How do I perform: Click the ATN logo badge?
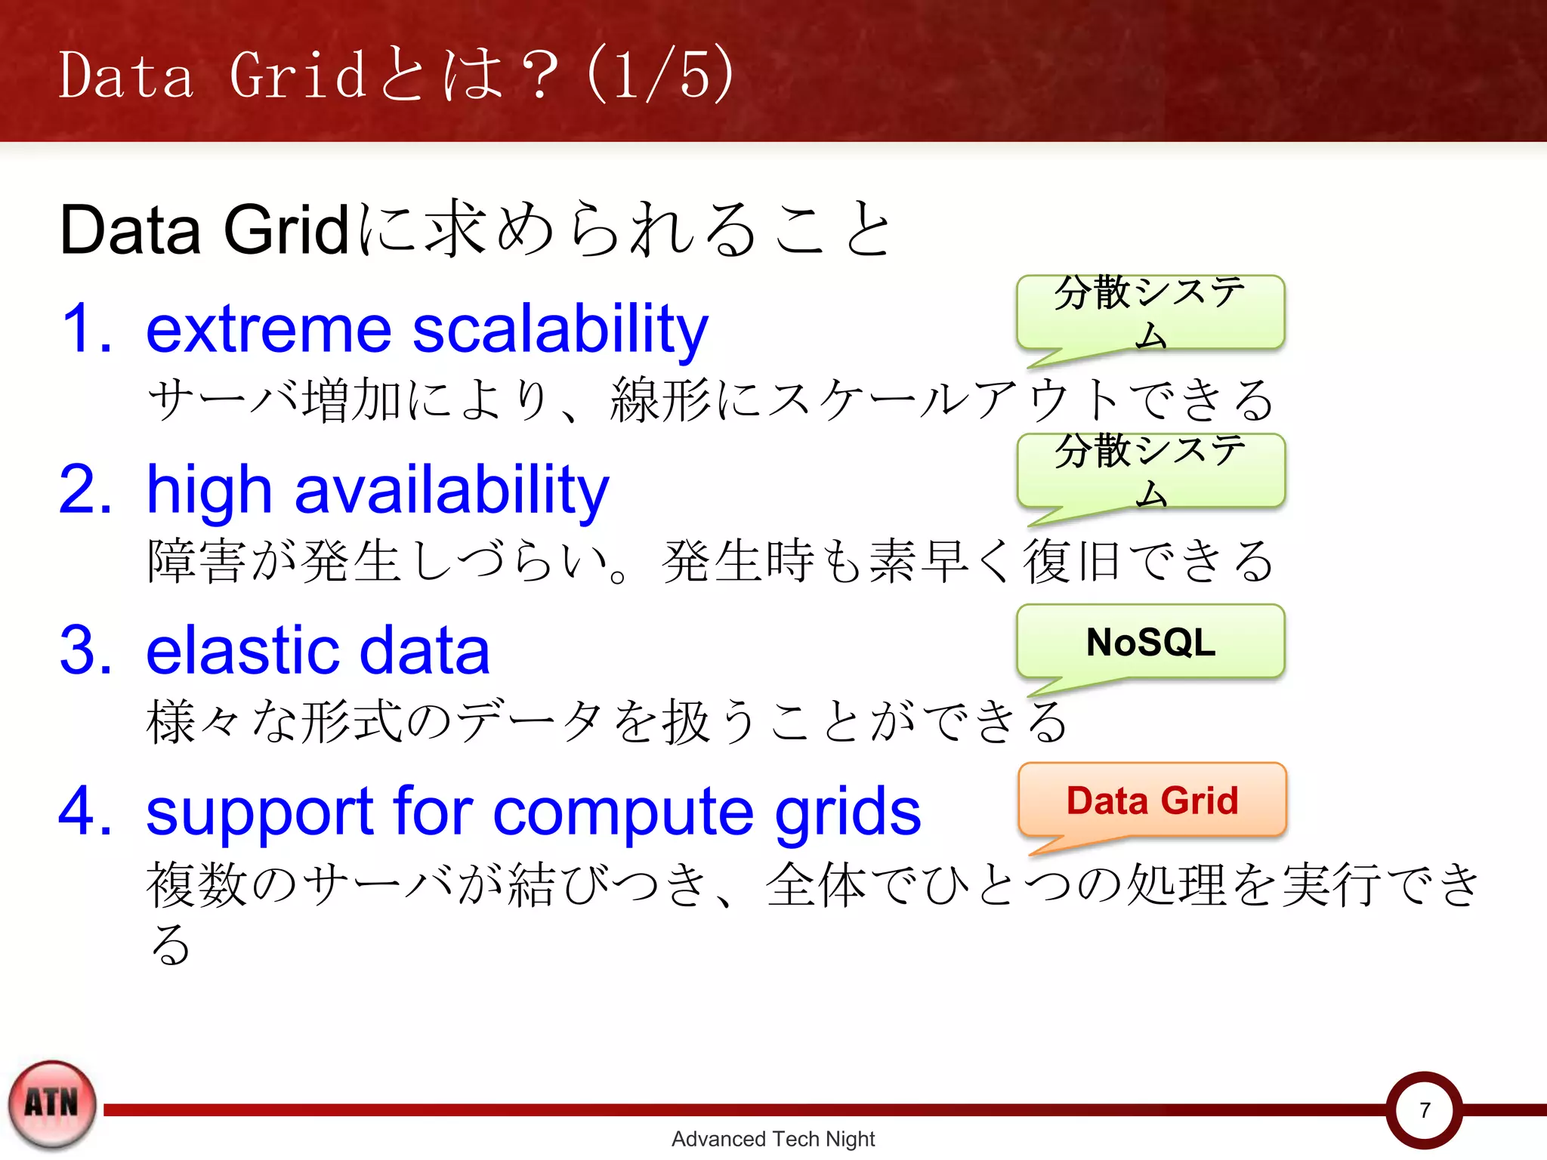(52, 1104)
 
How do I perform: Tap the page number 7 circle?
(1424, 1110)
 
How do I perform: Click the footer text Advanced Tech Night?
(773, 1139)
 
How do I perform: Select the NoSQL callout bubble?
(1150, 642)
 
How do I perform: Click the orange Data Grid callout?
(1152, 801)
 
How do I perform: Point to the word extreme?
(268, 329)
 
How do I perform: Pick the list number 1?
(85, 329)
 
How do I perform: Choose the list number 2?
(85, 491)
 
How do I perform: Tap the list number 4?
(85, 811)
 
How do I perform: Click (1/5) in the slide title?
(659, 74)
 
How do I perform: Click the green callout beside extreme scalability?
(1150, 313)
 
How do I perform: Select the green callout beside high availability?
(1150, 471)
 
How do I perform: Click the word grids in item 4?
(848, 813)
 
